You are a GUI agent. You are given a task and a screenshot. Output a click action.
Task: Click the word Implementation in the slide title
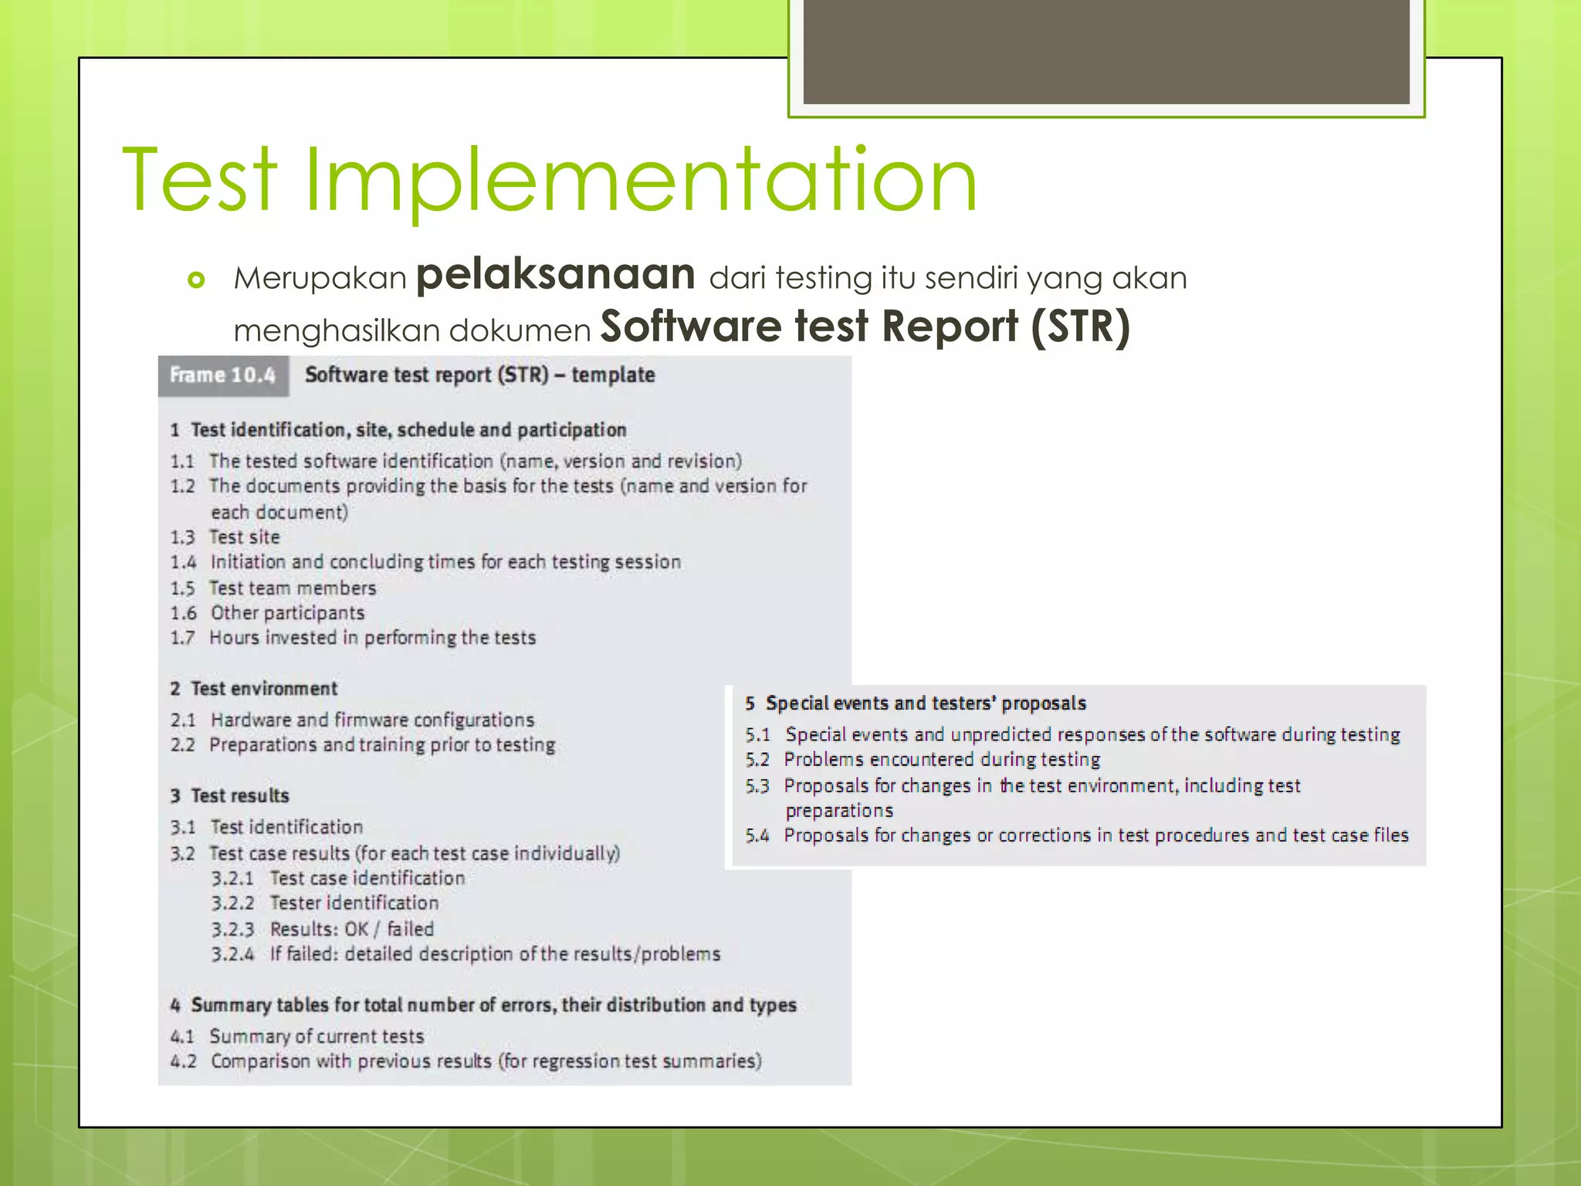pyautogui.click(x=641, y=181)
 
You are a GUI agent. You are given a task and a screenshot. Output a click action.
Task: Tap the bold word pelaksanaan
pyautogui.click(x=555, y=275)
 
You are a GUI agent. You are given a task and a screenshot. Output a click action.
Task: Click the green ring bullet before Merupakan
pyautogui.click(x=197, y=280)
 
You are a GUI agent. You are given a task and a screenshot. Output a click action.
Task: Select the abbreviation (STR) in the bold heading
pyautogui.click(x=1080, y=327)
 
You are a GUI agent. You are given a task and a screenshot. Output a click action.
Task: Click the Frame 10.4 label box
pyautogui.click(x=223, y=376)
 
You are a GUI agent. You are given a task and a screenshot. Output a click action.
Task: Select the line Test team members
pyautogui.click(x=293, y=588)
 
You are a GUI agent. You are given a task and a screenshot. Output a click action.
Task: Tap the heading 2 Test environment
pyautogui.click(x=255, y=689)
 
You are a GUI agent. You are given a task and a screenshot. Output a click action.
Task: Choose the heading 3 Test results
pyautogui.click(x=230, y=796)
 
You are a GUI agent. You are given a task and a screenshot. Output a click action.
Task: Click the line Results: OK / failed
pyautogui.click(x=352, y=929)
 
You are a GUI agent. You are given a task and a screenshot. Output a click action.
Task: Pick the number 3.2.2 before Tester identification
pyautogui.click(x=232, y=903)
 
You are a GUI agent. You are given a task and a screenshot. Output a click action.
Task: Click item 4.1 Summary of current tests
pyautogui.click(x=298, y=1036)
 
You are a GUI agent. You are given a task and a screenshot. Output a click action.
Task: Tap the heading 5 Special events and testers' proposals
pyautogui.click(x=916, y=703)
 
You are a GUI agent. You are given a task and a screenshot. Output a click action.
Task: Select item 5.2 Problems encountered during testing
pyautogui.click(x=923, y=760)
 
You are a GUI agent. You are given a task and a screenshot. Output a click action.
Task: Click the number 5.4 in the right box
pyautogui.click(x=757, y=835)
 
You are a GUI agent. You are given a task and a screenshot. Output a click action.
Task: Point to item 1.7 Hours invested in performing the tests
pyautogui.click(x=354, y=638)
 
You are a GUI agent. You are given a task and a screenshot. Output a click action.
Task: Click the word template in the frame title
pyautogui.click(x=613, y=375)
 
